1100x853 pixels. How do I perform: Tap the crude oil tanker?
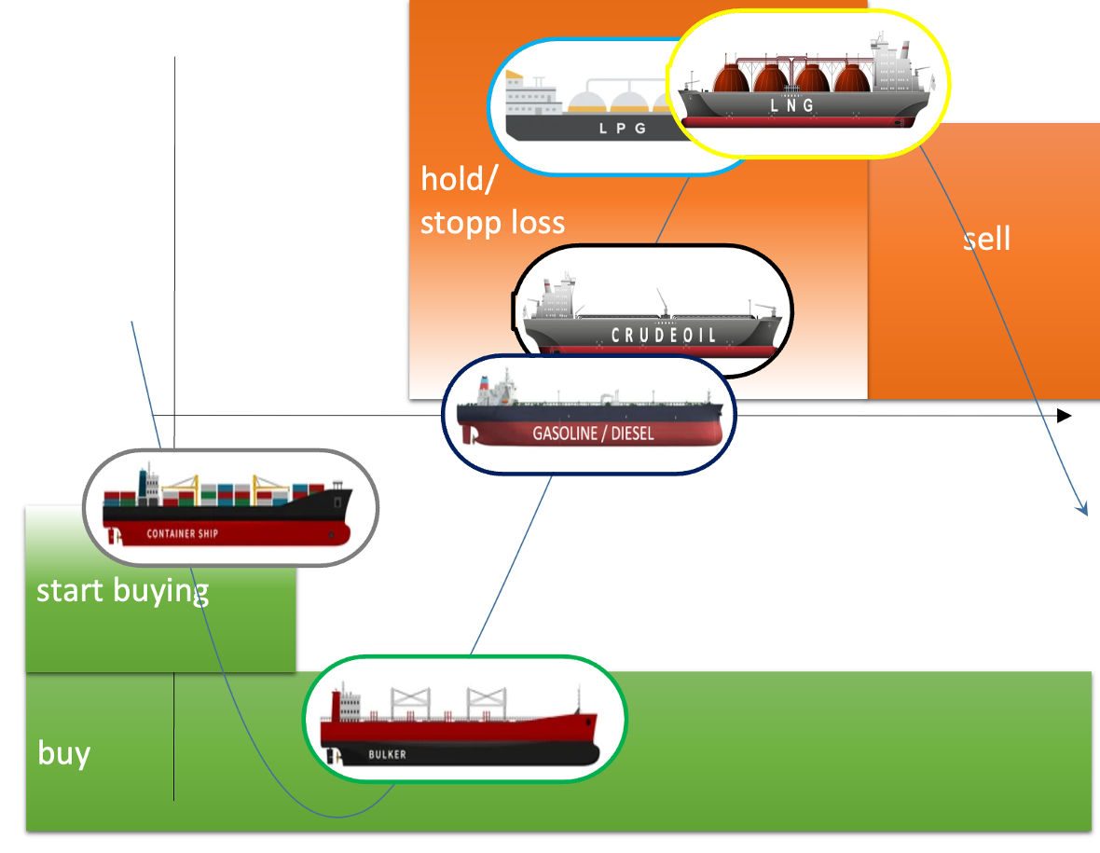click(653, 317)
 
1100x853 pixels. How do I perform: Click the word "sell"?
click(986, 240)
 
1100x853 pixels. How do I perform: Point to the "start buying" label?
click(122, 591)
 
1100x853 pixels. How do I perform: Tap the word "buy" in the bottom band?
click(63, 752)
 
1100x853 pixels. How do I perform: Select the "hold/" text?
click(458, 178)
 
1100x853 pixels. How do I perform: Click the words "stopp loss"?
click(492, 223)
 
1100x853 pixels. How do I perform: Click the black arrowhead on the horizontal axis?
click(1064, 415)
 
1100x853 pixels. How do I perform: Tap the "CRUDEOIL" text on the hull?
click(664, 335)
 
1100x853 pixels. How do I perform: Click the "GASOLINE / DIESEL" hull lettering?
click(593, 433)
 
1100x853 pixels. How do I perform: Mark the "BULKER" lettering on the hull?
click(387, 754)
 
